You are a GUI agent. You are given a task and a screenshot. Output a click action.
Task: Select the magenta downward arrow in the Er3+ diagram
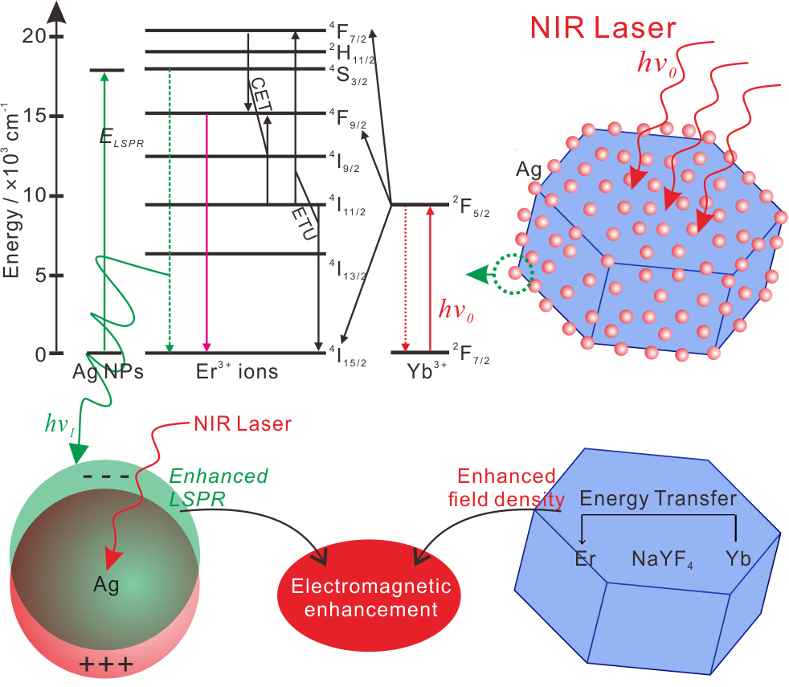207,233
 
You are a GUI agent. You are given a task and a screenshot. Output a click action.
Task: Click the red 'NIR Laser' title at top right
603,28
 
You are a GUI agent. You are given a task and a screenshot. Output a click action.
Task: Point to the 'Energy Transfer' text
658,498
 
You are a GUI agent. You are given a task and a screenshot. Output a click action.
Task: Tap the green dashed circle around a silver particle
513,273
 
